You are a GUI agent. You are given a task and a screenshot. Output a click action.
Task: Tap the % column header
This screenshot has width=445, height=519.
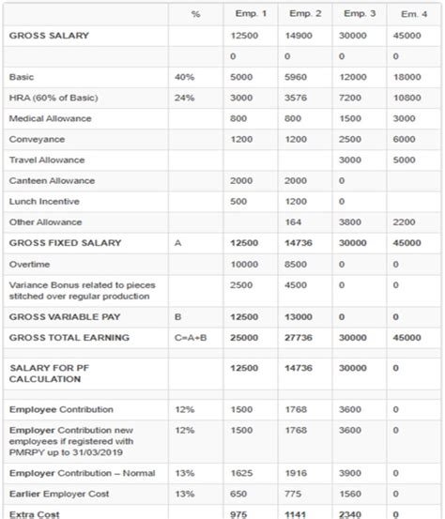[194, 13]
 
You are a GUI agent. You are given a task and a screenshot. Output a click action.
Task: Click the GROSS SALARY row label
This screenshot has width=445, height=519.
[49, 36]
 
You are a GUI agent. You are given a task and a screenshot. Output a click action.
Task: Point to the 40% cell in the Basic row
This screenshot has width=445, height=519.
[184, 77]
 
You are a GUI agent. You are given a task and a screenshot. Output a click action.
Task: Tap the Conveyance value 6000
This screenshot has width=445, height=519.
[404, 139]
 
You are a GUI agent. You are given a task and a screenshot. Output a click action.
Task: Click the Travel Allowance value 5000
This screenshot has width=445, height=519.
[404, 160]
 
